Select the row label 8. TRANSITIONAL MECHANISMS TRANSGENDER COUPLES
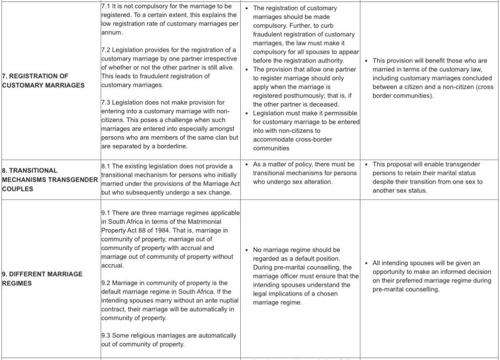[49, 179]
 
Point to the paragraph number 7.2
[106, 50]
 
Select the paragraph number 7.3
[106, 103]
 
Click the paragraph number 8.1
[106, 167]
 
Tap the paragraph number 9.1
[106, 213]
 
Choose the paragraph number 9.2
[106, 283]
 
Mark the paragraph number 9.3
[106, 336]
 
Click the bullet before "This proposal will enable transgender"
[367, 165]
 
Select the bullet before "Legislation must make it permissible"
[248, 114]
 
